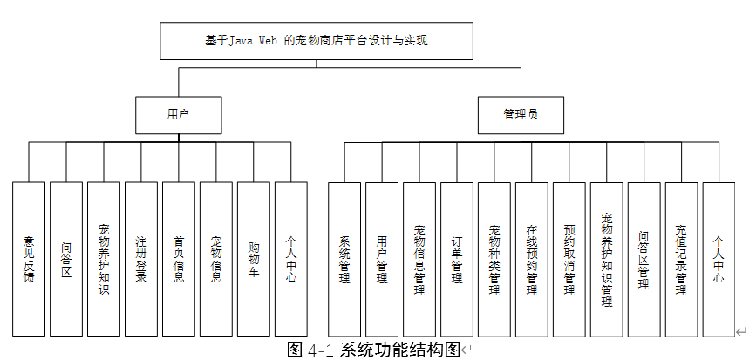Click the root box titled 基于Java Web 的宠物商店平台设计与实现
[317, 41]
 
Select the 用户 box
[178, 114]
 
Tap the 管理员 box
[521, 114]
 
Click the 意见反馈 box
[29, 259]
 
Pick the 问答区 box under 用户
[66, 259]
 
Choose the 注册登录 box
[140, 259]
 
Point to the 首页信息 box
[178, 259]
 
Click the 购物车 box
[253, 259]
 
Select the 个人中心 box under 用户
[290, 259]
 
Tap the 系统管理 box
[344, 259]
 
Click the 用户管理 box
[381, 259]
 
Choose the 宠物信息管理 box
[419, 259]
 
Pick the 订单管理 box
[456, 259]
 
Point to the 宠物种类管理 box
[494, 259]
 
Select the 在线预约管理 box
[531, 259]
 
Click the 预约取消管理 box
[569, 259]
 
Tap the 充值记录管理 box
[681, 259]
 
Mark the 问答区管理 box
[644, 259]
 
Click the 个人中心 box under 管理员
[719, 259]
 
